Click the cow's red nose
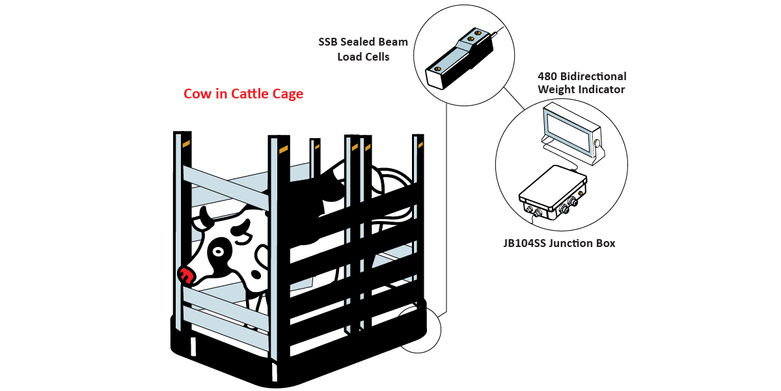point(187,276)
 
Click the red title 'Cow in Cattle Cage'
point(243,94)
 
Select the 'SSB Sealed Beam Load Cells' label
point(363,50)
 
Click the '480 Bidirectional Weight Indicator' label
point(581,83)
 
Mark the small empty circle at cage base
point(420,329)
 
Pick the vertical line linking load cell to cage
point(446,209)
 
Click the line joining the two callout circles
point(516,100)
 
